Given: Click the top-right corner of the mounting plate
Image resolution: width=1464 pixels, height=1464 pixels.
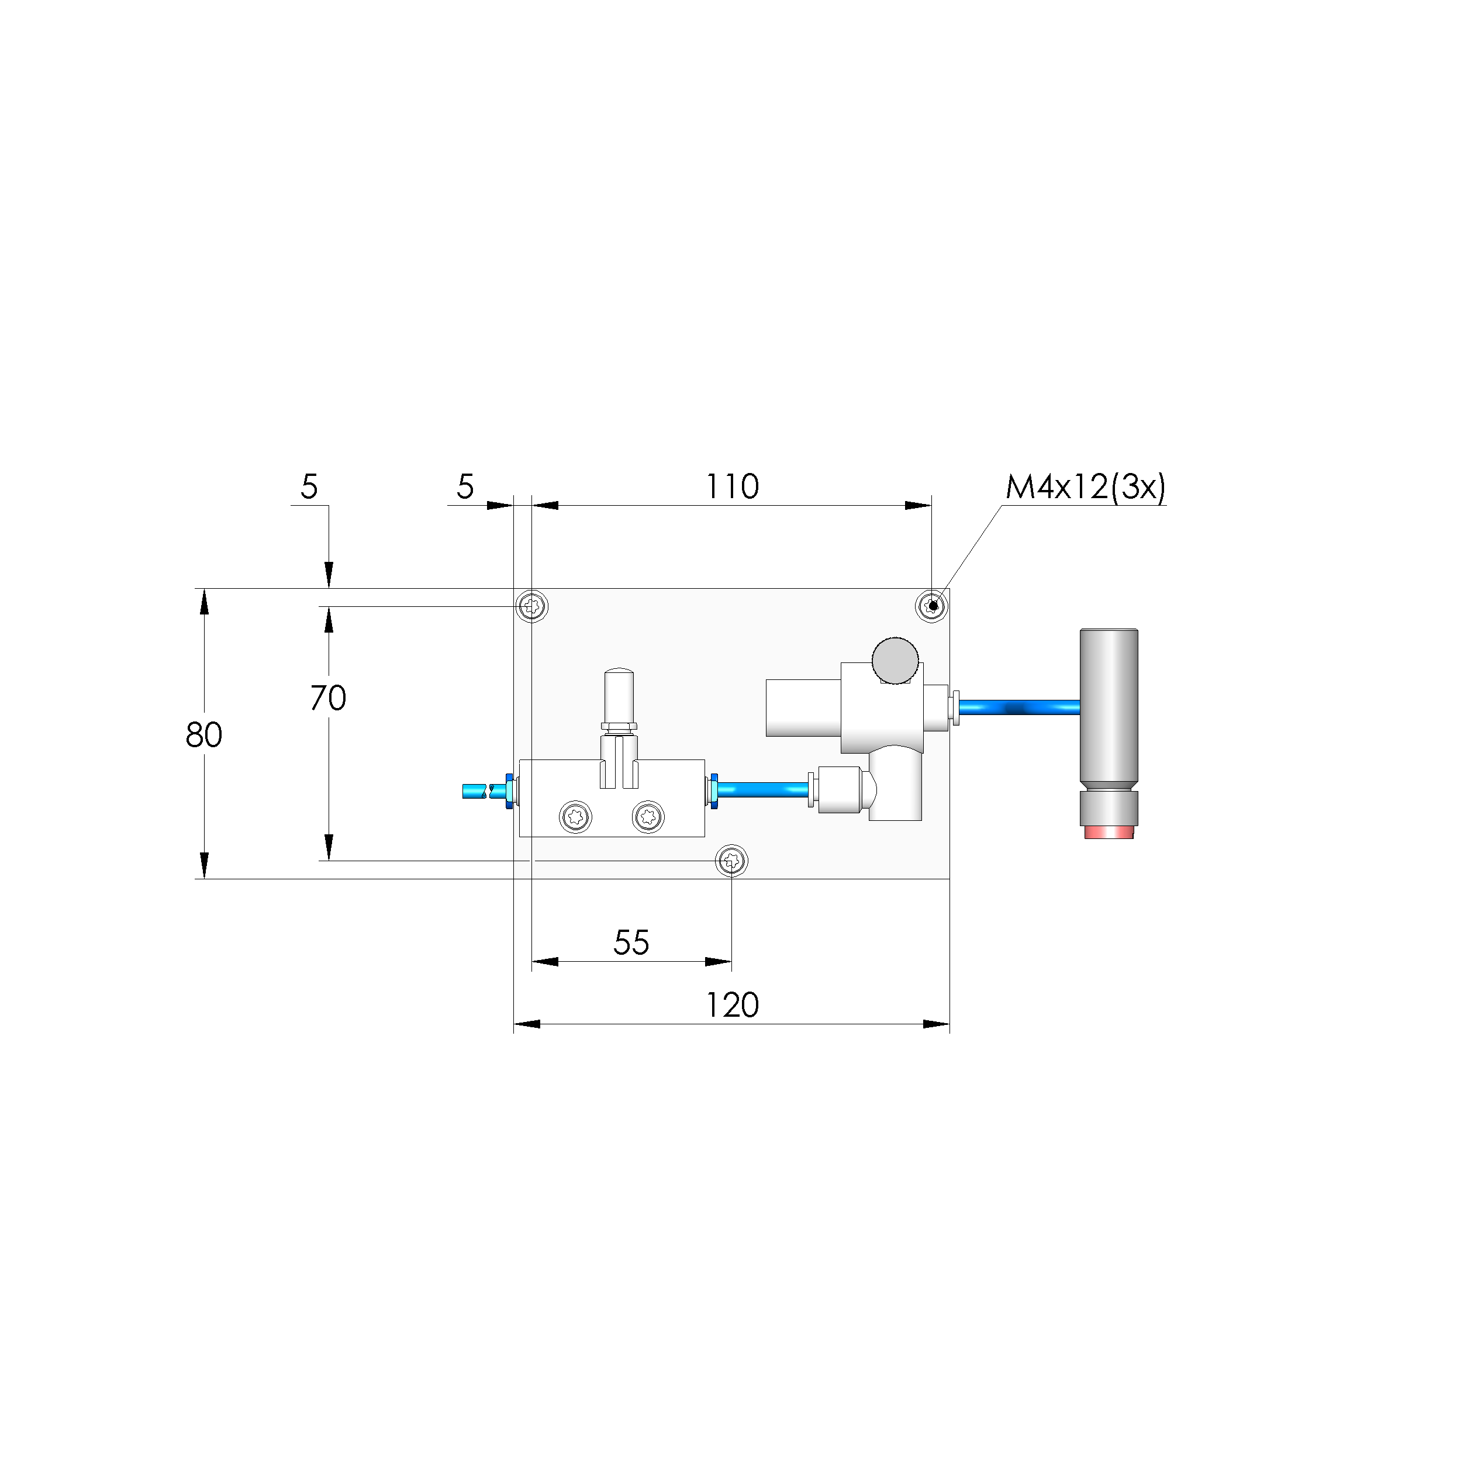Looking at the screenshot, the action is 949,589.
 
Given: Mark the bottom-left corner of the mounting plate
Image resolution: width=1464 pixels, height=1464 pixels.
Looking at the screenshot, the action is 514,879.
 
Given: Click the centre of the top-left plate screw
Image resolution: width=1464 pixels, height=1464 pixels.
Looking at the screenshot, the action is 532,606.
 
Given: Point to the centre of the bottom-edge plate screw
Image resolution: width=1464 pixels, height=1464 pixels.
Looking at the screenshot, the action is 731,861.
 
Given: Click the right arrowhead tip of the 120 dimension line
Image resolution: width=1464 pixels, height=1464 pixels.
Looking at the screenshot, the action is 949,1024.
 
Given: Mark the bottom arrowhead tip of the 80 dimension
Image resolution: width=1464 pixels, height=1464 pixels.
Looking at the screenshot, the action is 204,879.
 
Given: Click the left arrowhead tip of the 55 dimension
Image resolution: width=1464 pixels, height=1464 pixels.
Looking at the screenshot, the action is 532,962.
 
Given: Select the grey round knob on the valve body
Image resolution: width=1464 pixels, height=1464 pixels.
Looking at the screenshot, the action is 895,660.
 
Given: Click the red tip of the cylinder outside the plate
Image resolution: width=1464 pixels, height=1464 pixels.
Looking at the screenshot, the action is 1109,832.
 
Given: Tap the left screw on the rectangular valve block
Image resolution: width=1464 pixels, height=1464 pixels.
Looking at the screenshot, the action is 575,817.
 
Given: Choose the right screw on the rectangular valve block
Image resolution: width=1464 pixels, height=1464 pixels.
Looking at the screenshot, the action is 648,817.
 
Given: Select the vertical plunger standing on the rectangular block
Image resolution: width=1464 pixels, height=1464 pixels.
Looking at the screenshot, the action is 619,727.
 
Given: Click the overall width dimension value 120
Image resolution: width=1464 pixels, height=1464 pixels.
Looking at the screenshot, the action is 732,1006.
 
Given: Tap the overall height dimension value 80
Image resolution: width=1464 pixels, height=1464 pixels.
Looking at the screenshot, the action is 204,735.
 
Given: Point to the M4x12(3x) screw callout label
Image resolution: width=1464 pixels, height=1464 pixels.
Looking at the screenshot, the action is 1085,486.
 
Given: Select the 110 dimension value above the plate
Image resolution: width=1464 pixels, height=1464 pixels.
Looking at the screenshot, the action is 732,486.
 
